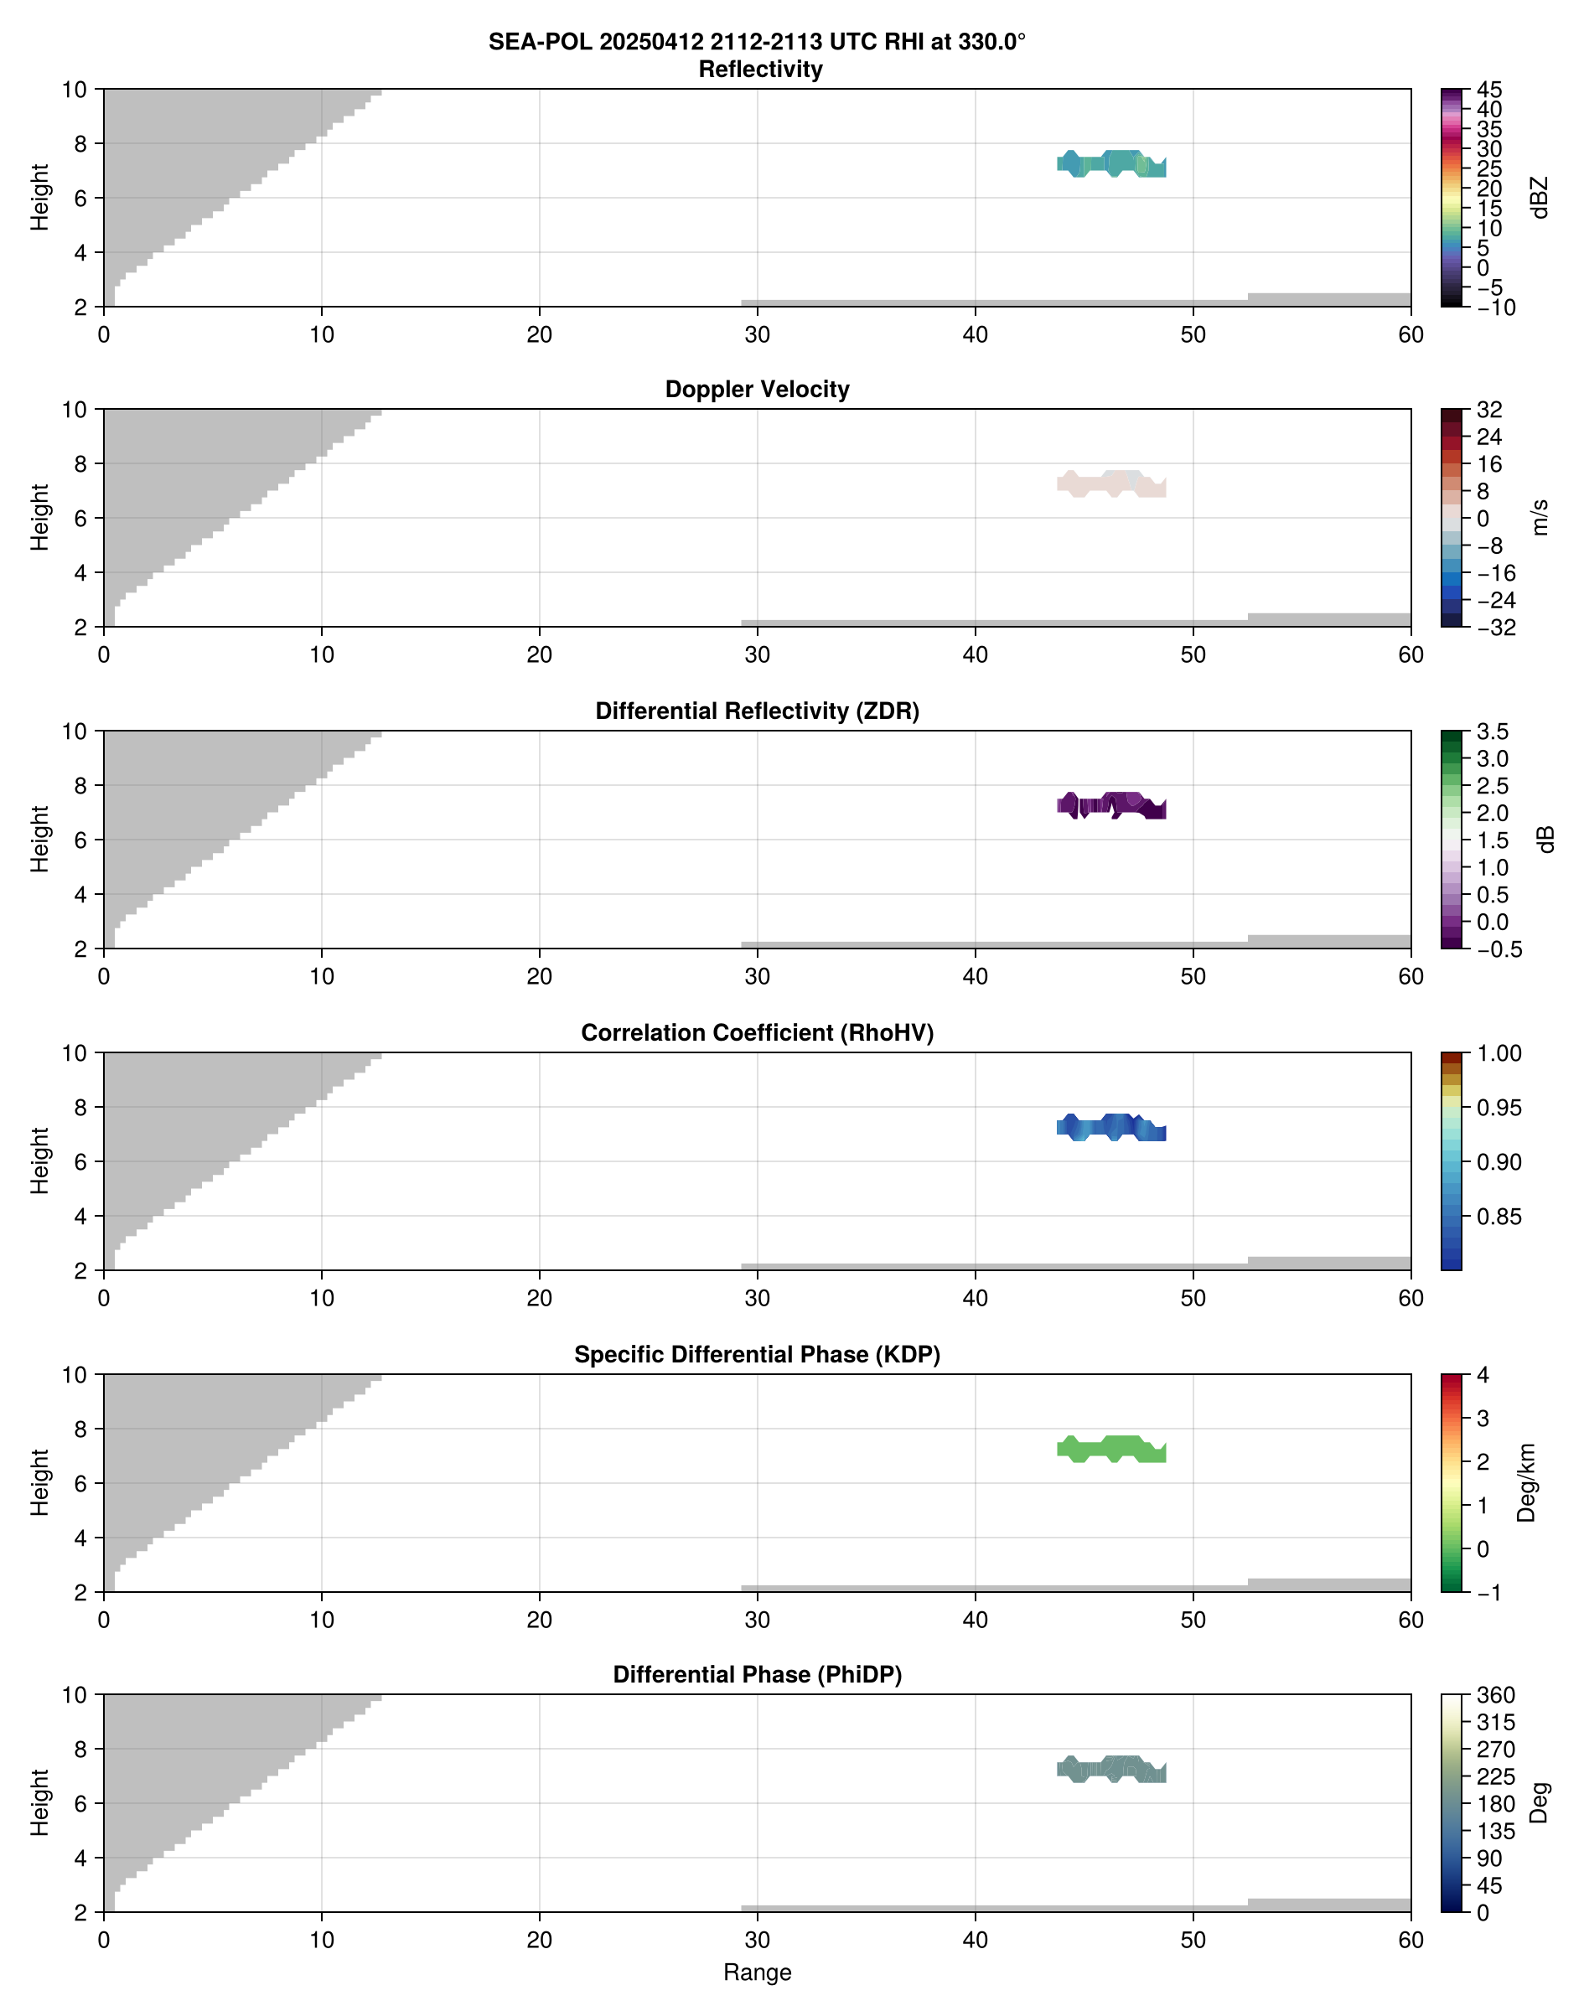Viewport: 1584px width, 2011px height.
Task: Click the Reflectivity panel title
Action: click(760, 70)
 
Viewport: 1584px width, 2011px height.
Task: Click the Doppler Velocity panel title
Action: click(757, 390)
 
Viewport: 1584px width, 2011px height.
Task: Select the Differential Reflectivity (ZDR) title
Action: click(757, 711)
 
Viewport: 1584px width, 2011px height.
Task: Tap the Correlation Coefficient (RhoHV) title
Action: click(757, 1033)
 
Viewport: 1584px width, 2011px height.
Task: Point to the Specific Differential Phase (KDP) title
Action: click(757, 1355)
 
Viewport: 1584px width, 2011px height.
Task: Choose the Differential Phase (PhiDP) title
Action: click(757, 1674)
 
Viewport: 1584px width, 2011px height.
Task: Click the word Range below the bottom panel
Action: click(757, 1972)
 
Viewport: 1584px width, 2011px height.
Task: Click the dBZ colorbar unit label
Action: click(1540, 198)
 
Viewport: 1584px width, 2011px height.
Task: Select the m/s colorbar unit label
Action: click(1540, 517)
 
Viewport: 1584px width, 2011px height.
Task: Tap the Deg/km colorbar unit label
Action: click(1525, 1482)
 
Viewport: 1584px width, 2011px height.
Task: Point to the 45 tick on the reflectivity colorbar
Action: click(1489, 90)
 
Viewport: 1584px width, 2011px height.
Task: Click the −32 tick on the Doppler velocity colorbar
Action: click(1496, 628)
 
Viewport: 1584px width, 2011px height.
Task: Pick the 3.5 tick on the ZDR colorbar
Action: click(1492, 732)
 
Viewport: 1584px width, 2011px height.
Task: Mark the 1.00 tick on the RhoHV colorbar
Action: click(1498, 1053)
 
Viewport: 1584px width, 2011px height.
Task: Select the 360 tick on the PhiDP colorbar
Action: click(1496, 1696)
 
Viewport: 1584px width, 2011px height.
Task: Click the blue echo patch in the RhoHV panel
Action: click(1111, 1128)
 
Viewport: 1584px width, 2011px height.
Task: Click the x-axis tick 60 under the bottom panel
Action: click(1411, 1941)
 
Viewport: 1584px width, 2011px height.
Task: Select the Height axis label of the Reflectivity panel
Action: click(39, 198)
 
